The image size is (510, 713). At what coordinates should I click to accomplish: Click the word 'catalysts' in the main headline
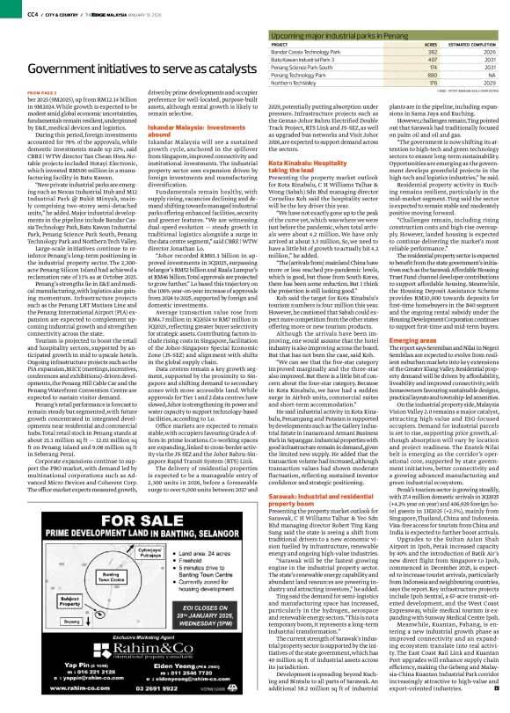point(210,68)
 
